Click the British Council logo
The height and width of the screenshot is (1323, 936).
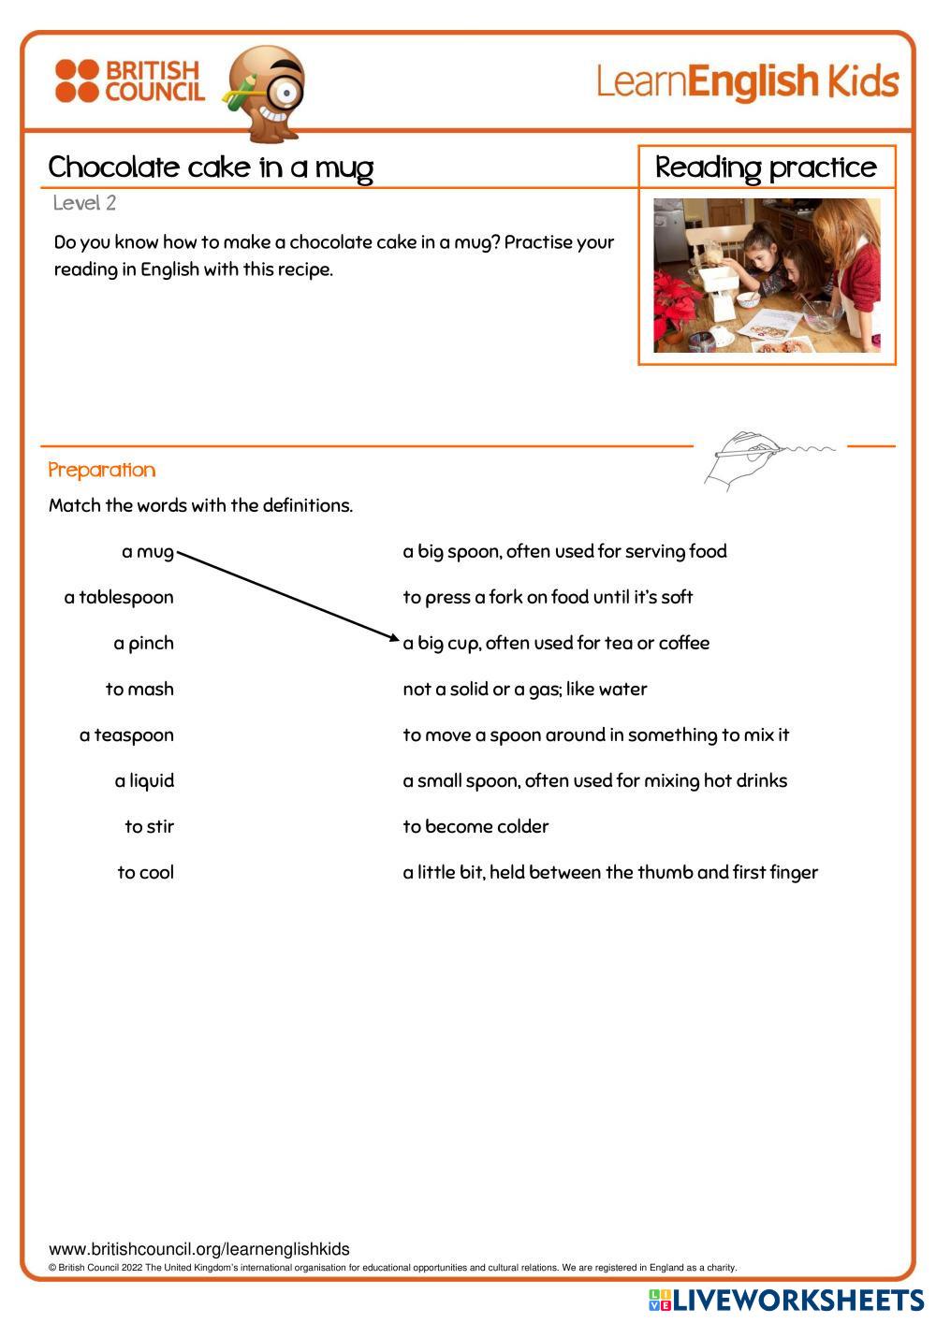(x=129, y=80)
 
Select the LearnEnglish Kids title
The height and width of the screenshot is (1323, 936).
(x=747, y=82)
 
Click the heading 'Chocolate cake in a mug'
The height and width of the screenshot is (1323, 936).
(x=211, y=167)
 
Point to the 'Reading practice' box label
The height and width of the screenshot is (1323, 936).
(x=766, y=167)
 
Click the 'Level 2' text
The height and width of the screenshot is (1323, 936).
(x=84, y=203)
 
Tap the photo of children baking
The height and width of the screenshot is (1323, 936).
(x=767, y=275)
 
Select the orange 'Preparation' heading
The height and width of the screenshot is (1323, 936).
(x=101, y=470)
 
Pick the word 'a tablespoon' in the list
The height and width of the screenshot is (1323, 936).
(x=119, y=597)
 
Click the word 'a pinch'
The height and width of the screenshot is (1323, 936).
(x=143, y=643)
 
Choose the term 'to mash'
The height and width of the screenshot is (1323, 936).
(x=139, y=689)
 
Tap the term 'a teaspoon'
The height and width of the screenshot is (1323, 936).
(x=126, y=734)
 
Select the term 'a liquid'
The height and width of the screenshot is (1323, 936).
(x=144, y=780)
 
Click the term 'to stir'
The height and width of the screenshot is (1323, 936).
(x=149, y=826)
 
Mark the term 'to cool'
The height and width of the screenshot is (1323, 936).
(x=145, y=872)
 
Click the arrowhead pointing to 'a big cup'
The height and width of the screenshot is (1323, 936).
(x=395, y=639)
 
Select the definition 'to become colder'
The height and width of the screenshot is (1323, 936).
(x=475, y=826)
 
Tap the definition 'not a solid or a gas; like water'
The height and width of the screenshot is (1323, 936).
(x=525, y=689)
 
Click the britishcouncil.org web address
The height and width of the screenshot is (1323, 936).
(x=198, y=1249)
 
